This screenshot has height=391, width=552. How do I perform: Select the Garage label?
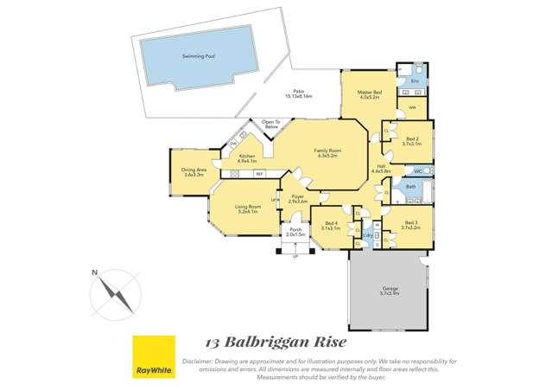(x=390, y=290)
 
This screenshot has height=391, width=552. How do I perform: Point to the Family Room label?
(x=328, y=152)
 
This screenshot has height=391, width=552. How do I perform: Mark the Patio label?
(x=298, y=94)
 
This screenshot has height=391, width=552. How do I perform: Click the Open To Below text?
(x=270, y=124)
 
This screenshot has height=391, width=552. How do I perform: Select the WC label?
(x=418, y=172)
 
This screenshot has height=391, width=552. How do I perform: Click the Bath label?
(x=411, y=187)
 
